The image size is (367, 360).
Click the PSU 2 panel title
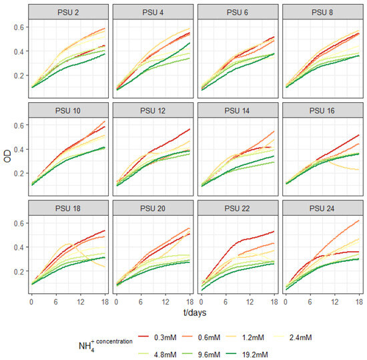click(x=68, y=12)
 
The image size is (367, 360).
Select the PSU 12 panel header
click(x=153, y=111)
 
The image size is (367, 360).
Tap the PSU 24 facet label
click(x=322, y=208)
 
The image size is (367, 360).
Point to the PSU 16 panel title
click(x=322, y=111)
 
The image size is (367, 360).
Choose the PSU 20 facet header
click(x=153, y=208)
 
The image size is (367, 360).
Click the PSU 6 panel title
click(x=238, y=12)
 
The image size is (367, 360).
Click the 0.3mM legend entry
click(x=157, y=337)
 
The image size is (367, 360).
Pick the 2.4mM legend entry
click(x=292, y=337)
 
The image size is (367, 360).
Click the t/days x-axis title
click(x=195, y=313)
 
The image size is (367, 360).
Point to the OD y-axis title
click(x=7, y=156)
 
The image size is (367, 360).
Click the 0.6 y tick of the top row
click(x=19, y=27)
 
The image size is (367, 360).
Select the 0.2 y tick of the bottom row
click(x=19, y=271)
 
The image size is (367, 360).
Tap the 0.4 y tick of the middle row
click(x=19, y=149)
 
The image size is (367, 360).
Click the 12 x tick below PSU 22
click(x=250, y=302)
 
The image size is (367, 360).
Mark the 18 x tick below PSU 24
click(x=359, y=302)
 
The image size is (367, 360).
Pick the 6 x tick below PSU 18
click(x=55, y=302)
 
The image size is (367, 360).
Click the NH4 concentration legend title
click(x=105, y=345)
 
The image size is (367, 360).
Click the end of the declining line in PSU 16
click(x=359, y=170)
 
